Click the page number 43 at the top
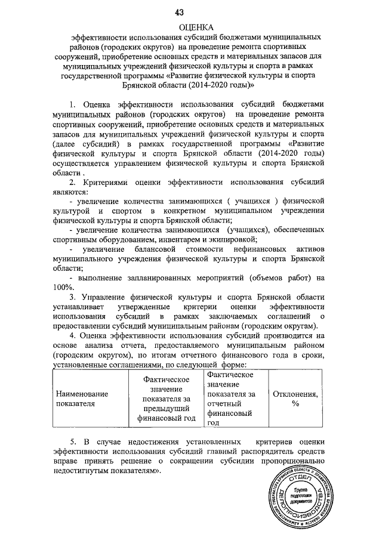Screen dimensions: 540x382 point(180,12)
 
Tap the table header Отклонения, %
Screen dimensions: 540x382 point(294,399)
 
